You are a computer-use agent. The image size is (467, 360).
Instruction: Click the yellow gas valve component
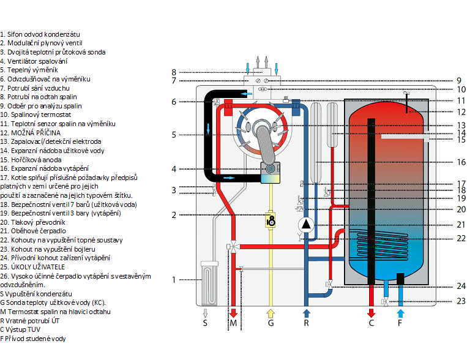point(269,219)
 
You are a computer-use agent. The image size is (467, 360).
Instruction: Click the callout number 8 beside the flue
point(174,72)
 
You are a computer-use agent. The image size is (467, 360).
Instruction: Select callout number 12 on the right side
point(461,111)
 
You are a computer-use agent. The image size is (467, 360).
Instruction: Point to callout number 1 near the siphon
point(174,280)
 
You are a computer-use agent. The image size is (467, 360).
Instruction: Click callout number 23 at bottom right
point(461,301)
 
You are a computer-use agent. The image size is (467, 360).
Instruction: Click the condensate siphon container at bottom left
point(209,282)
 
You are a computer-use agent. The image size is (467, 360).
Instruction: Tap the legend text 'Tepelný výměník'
point(26,70)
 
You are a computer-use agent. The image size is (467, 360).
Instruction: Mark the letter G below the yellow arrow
point(270,324)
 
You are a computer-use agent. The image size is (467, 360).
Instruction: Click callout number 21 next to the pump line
point(461,225)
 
